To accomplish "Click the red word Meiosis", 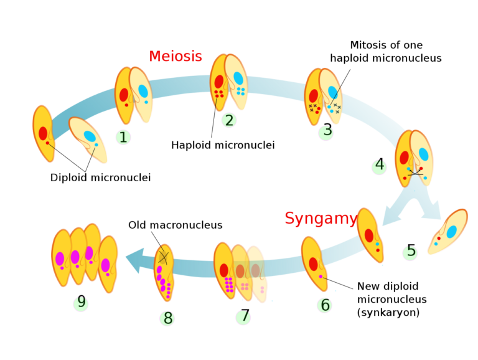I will [176, 57].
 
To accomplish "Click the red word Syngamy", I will [321, 219].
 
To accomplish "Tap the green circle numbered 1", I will [123, 137].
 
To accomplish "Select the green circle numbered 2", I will [229, 120].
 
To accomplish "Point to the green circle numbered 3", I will [326, 132].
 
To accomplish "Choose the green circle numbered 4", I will [379, 167].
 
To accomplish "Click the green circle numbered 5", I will [410, 252].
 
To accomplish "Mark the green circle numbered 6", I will [324, 305].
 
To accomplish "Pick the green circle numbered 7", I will [243, 318].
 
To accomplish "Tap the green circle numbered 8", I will [167, 319].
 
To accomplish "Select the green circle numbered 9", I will [81, 303].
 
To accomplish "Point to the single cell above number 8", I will [164, 272].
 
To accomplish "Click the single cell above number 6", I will [314, 263].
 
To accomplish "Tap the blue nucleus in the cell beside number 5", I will [451, 232].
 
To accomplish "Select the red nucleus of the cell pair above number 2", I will [219, 82].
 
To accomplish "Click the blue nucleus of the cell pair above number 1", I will [143, 91].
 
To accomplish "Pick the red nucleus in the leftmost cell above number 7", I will [224, 270].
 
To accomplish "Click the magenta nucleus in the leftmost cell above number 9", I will [60, 258].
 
